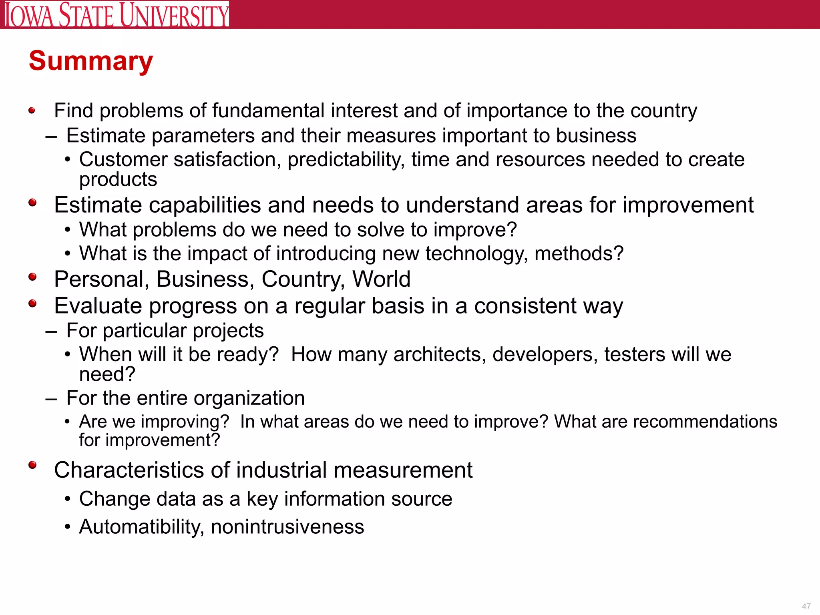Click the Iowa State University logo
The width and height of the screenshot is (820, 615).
point(117,14)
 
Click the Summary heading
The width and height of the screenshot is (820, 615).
point(91,61)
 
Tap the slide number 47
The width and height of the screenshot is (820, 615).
point(806,606)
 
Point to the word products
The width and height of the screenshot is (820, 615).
point(118,179)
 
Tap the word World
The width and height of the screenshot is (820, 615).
point(381,279)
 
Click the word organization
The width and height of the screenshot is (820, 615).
point(249,398)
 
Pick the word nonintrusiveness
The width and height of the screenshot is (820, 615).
point(287,527)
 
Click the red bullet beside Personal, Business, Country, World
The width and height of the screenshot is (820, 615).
point(32,277)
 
